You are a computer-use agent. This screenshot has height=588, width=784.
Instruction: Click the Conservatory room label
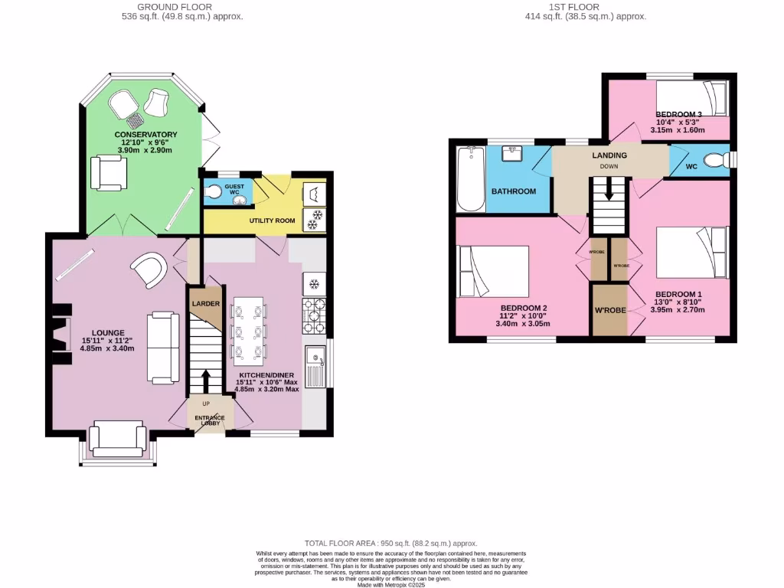click(145, 135)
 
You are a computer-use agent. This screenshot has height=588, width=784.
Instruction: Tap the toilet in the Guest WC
click(214, 191)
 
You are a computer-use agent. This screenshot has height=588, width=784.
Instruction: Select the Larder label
click(205, 304)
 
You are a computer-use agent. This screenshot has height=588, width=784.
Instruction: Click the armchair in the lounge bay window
click(118, 439)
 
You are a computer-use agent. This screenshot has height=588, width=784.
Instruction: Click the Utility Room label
click(272, 220)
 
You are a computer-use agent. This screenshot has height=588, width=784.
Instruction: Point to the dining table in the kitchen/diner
click(250, 329)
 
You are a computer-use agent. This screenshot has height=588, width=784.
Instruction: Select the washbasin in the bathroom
click(512, 153)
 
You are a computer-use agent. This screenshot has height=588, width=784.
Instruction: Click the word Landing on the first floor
click(609, 155)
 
